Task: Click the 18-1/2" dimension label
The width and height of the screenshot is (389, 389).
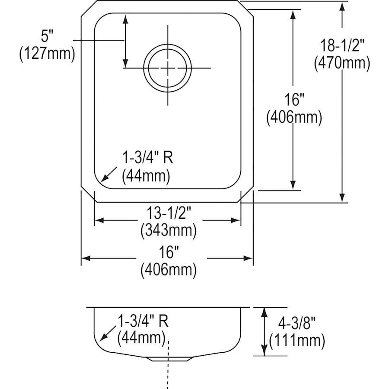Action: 342,45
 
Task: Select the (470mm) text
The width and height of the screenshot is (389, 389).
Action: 342,64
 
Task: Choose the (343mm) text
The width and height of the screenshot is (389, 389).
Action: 169,230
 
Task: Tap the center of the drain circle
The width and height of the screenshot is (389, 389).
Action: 167,68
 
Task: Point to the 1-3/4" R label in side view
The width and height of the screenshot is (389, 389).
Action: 143,321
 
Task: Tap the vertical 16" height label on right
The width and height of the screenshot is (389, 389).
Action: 294,100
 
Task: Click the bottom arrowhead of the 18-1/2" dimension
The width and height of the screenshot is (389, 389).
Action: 343,198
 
